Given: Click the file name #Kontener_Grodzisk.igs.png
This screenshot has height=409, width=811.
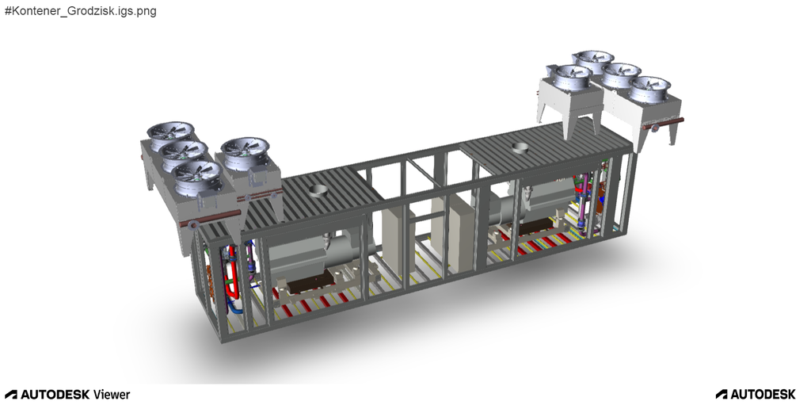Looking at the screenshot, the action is [x=81, y=11].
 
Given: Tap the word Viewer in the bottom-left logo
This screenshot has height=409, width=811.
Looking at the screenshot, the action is [x=112, y=395].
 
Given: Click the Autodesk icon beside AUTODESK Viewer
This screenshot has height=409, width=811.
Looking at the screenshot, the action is [x=11, y=395].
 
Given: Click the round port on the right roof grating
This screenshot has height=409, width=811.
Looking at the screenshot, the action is [x=521, y=148].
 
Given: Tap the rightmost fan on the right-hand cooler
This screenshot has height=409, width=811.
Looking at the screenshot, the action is [x=650, y=87].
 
